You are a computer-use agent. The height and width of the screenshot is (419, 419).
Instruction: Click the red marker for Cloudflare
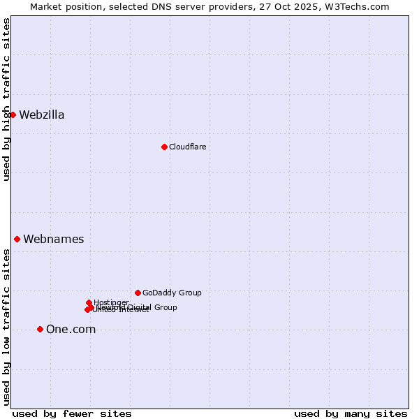click(x=164, y=147)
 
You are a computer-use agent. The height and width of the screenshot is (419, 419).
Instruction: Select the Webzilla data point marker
click(x=13, y=115)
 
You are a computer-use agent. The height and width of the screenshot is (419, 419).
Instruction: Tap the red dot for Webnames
click(x=17, y=239)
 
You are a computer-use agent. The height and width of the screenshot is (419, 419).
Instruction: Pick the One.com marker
click(x=40, y=329)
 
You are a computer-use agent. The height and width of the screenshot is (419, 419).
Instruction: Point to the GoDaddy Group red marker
click(x=138, y=293)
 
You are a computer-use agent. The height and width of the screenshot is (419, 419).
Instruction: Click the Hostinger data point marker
click(x=89, y=302)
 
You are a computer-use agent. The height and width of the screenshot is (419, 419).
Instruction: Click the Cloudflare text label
click(x=187, y=147)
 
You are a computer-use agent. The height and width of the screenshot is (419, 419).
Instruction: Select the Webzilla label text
click(x=42, y=115)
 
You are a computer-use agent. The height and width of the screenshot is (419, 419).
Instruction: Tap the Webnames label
click(x=54, y=240)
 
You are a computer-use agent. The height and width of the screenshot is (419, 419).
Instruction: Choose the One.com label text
click(x=71, y=330)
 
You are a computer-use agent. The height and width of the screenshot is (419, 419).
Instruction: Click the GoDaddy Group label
click(x=172, y=293)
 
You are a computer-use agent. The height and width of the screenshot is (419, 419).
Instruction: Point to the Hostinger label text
click(x=111, y=302)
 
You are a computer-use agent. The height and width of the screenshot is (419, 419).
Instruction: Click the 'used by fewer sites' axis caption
click(x=72, y=413)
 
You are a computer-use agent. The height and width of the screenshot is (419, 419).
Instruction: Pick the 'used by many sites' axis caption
click(x=351, y=413)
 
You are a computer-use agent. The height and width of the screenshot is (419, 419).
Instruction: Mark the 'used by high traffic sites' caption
click(x=6, y=99)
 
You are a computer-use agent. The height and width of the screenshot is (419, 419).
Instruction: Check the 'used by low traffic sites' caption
click(x=6, y=327)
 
